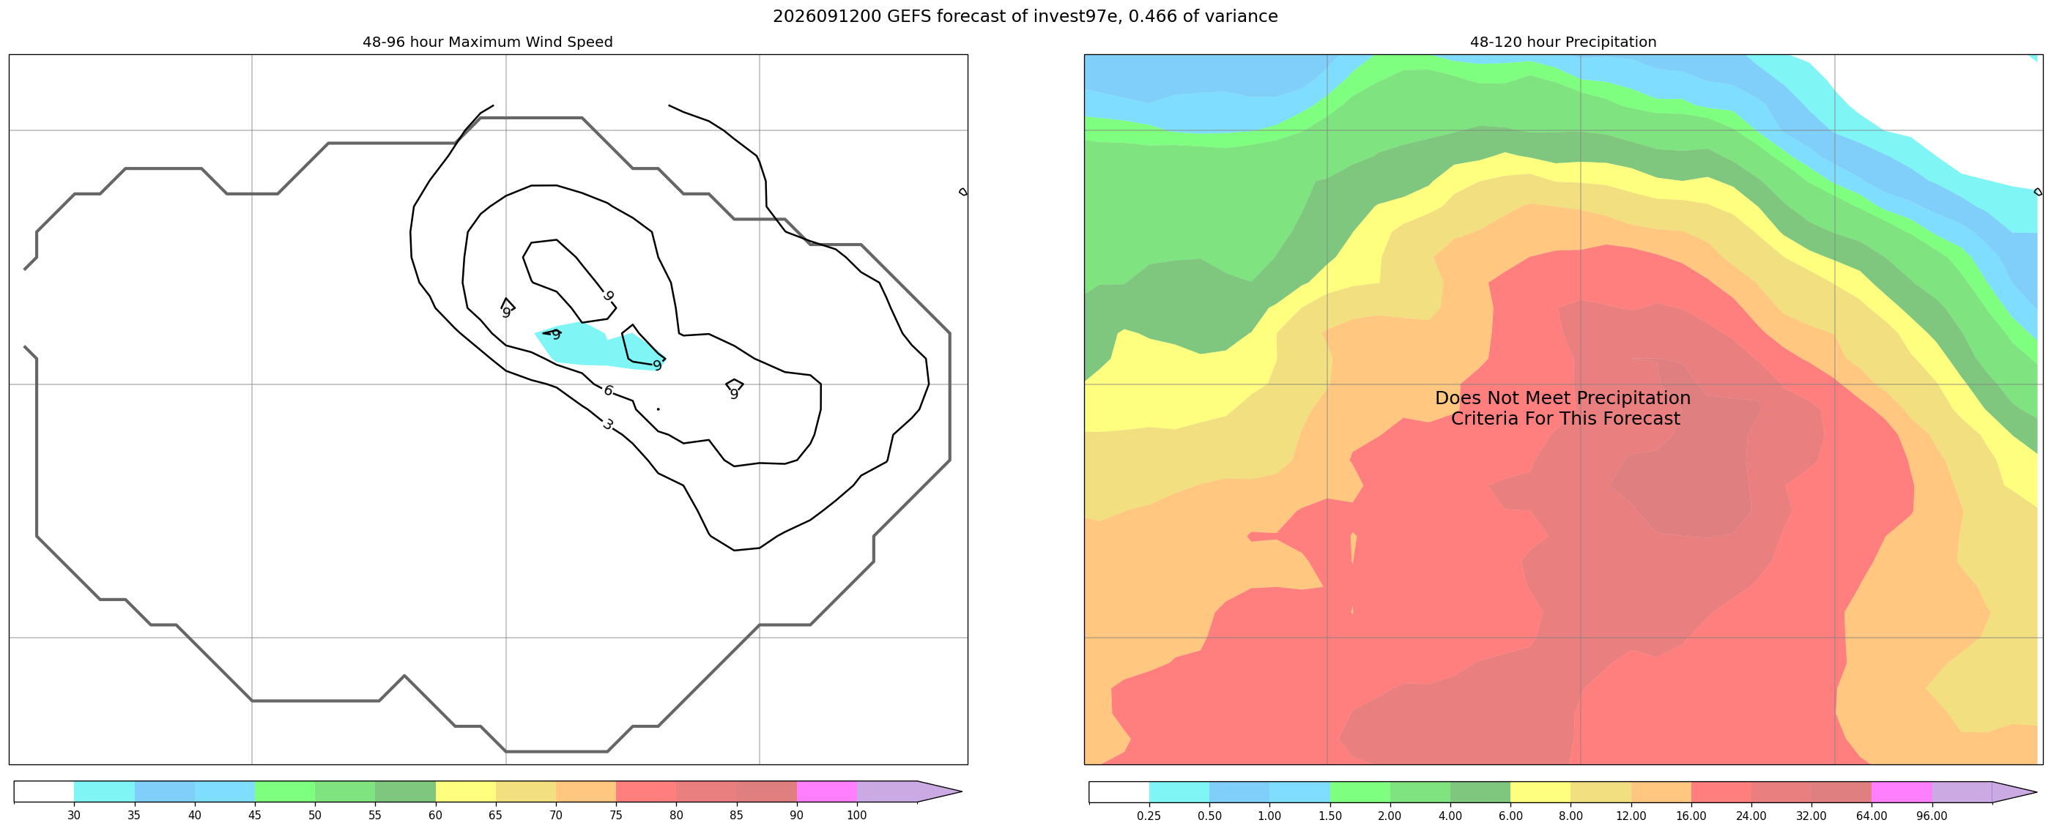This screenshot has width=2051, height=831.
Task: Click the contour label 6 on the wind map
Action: point(608,391)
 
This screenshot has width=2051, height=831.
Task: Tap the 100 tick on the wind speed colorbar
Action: point(857,815)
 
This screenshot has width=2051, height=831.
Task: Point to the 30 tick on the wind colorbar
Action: point(74,815)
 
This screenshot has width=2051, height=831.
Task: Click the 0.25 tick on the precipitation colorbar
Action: point(1149,816)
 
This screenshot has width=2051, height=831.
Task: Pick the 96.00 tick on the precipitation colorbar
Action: point(1932,816)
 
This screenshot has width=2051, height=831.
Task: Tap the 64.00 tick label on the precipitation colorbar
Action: point(1872,816)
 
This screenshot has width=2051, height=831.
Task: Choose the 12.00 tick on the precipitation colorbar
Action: point(1631,816)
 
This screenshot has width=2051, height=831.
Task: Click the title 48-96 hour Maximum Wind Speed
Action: point(487,42)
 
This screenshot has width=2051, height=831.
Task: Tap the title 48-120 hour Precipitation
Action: point(1563,42)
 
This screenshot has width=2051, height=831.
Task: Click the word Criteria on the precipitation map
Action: point(1485,419)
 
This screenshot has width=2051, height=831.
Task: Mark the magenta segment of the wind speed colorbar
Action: point(826,791)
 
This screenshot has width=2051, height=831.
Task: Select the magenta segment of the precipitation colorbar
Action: point(1902,792)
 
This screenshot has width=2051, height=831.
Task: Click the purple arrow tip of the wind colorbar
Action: point(962,792)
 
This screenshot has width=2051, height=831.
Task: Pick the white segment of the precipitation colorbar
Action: point(1119,792)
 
